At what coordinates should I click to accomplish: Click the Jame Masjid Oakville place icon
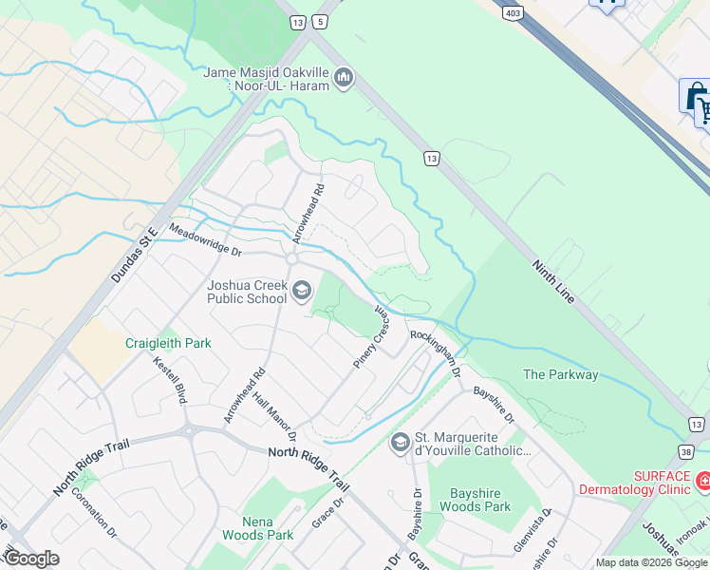click(x=345, y=77)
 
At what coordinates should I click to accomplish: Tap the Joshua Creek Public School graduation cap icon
click(x=302, y=291)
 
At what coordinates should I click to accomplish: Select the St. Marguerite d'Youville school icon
click(x=401, y=442)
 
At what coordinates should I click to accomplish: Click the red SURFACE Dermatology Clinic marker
click(x=702, y=482)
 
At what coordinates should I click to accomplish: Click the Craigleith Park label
click(x=168, y=343)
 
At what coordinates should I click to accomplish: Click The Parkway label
click(x=560, y=374)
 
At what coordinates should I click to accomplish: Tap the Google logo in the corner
click(x=31, y=559)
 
